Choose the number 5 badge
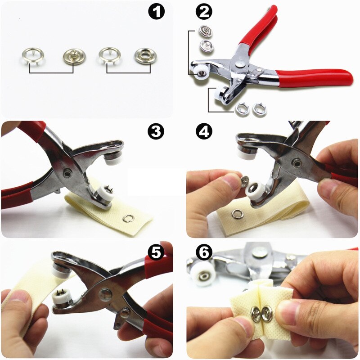point(156,252)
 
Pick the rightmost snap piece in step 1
point(143,56)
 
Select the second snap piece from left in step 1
point(74,56)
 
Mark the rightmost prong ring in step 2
point(259,108)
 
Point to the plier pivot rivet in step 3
point(67,172)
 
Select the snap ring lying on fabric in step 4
point(237,214)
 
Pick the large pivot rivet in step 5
point(105,294)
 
